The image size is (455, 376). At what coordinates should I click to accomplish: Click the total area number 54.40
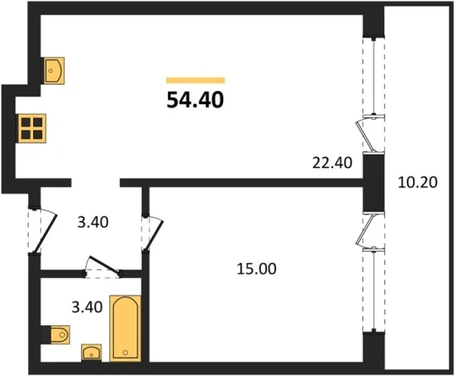195,100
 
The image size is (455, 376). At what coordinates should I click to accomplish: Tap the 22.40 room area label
332,163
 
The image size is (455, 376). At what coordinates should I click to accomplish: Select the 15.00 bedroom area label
256,268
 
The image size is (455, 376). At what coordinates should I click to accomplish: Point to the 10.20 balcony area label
417,183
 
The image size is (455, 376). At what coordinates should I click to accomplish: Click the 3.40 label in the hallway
93,222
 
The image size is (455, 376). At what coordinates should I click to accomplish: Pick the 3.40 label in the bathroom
87,307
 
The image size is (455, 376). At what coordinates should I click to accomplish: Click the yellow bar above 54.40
195,80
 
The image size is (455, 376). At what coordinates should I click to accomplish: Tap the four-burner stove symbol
32,129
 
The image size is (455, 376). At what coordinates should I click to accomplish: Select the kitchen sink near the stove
54,71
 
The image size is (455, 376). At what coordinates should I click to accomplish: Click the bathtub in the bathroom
125,329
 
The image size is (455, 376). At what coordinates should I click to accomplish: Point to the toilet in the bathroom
59,335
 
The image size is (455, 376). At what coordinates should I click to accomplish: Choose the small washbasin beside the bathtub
92,352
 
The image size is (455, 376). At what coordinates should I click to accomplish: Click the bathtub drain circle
125,352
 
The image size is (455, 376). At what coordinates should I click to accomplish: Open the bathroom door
104,265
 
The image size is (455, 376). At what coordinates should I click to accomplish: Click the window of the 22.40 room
374,77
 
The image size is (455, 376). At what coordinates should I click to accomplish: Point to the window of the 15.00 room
374,290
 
